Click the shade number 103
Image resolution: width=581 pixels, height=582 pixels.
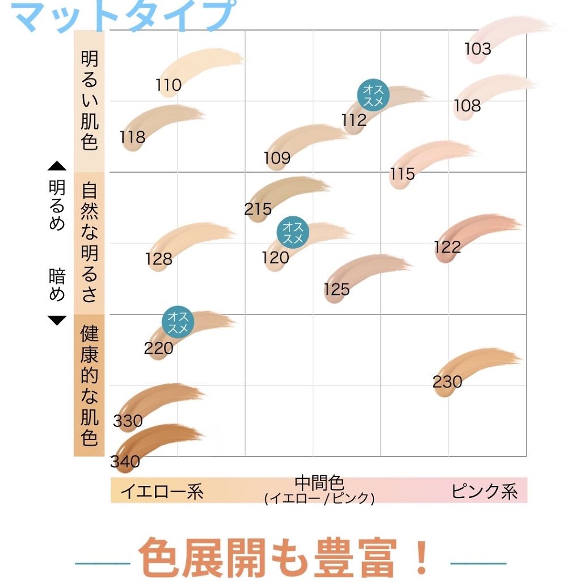[478, 49]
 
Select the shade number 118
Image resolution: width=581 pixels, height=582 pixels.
[132, 137]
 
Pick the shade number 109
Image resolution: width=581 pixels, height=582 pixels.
[277, 158]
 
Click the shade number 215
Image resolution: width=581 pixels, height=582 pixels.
[258, 209]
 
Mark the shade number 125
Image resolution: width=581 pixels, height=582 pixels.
[337, 290]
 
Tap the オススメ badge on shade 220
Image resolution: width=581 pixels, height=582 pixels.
[178, 322]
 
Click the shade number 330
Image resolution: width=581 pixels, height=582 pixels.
[128, 421]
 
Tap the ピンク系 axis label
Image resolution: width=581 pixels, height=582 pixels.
[485, 491]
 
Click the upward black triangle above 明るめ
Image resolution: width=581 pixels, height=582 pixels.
[57, 166]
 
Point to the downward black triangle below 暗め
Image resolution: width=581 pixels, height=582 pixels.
[57, 321]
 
